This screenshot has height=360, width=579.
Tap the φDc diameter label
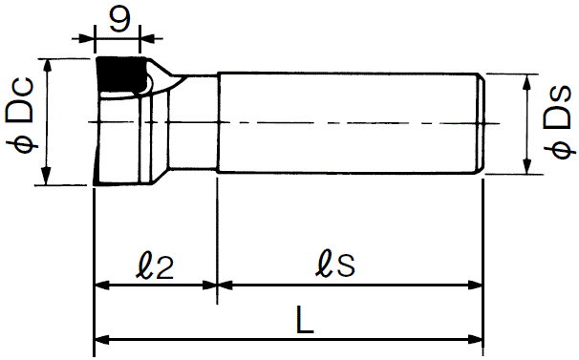tap(21, 115)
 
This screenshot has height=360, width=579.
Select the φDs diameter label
tap(559, 122)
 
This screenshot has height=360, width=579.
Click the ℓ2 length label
tap(155, 266)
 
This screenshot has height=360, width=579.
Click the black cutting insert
tap(120, 74)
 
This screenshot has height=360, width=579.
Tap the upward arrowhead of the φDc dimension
tap(47, 67)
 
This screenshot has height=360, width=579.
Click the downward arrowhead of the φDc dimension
tap(46, 176)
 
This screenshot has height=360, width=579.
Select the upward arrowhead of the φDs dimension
tap(527, 82)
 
